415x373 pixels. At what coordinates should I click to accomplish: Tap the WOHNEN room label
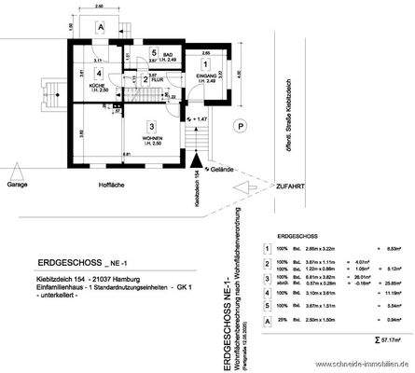click(x=150, y=140)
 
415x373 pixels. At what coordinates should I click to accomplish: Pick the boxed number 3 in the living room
click(x=150, y=125)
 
